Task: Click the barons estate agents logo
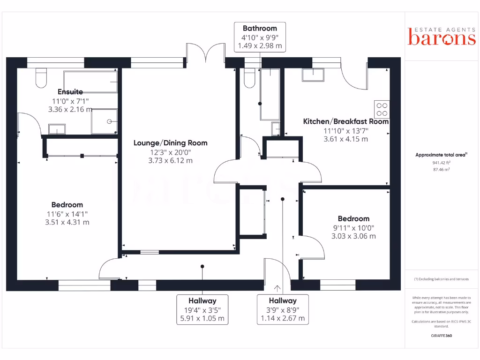442,36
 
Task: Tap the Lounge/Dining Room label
170,143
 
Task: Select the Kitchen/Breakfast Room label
346,121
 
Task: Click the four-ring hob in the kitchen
382,109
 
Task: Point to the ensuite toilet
41,77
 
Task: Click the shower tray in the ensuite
104,121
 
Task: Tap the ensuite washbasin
57,128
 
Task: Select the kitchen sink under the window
313,75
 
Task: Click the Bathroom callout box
260,37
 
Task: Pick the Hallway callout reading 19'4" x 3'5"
202,309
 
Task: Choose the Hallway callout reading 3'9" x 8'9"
283,309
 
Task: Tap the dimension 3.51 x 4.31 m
67,222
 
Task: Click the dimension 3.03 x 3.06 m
353,236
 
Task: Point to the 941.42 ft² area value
441,163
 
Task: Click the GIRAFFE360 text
441,336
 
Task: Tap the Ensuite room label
70,92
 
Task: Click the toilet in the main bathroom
249,78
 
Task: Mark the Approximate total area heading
441,155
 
